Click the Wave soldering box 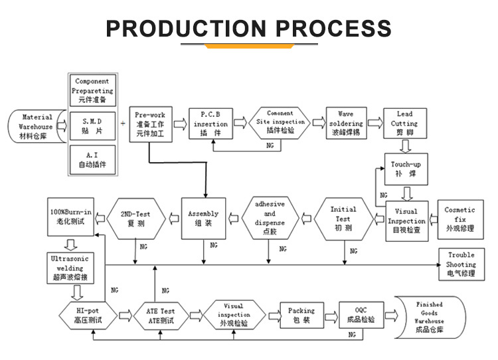pyautogui.click(x=346, y=124)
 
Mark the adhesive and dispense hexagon pyautogui.click(x=269, y=218)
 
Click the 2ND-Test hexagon pyautogui.click(x=140, y=218)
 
